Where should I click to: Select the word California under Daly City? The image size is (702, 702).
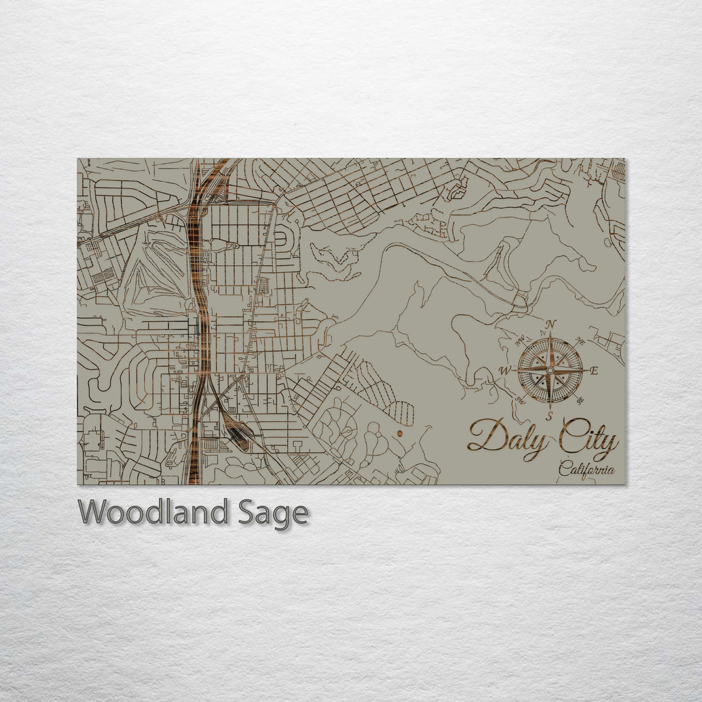pyautogui.click(x=586, y=469)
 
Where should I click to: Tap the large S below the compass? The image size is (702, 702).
pyautogui.click(x=549, y=416)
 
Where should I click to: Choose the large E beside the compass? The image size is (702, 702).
pyautogui.click(x=595, y=370)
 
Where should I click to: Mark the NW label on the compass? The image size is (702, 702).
pyautogui.click(x=520, y=340)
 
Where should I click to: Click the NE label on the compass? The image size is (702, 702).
pyautogui.click(x=580, y=340)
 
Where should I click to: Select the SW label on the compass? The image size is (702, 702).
pyautogui.click(x=519, y=400)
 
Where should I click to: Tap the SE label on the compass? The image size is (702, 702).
pyautogui.click(x=580, y=400)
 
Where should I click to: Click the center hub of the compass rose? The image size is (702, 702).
pyautogui.click(x=550, y=369)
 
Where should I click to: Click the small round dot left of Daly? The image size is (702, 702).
pyautogui.click(x=400, y=432)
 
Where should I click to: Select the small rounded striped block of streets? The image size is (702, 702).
pyautogui.click(x=402, y=413)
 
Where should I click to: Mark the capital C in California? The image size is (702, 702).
pyautogui.click(x=564, y=469)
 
